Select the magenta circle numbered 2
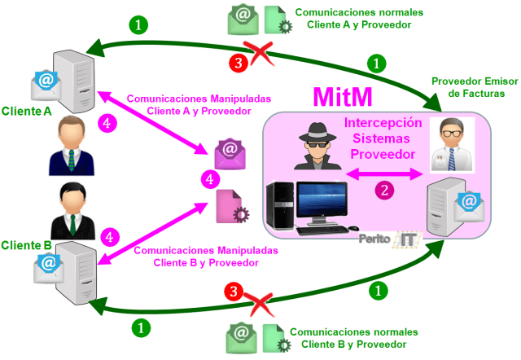pyautogui.click(x=383, y=190)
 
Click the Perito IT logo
pyautogui.click(x=389, y=239)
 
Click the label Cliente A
pyautogui.click(x=27, y=110)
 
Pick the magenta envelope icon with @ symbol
pyautogui.click(x=230, y=151)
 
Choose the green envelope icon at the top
pyautogui.click(x=242, y=19)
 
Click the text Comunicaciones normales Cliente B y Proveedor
pyautogui.click(x=353, y=339)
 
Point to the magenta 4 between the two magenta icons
pyautogui.click(x=210, y=178)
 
